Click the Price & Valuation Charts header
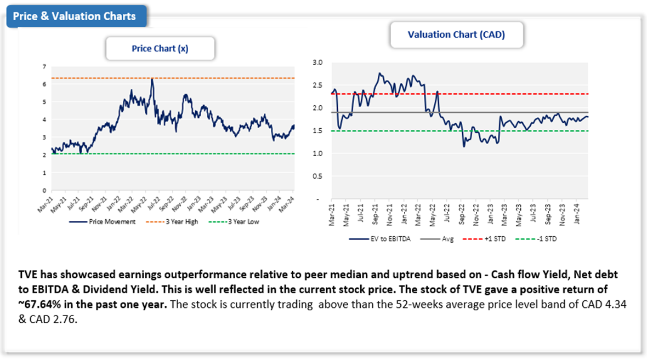(75, 16)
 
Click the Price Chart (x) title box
(160, 49)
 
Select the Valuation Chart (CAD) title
(456, 35)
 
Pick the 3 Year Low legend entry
(241, 222)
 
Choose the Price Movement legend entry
(110, 222)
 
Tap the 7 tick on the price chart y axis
(44, 66)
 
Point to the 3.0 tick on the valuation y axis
(316, 62)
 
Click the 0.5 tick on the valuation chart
(316, 176)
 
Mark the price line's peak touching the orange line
(152, 79)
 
